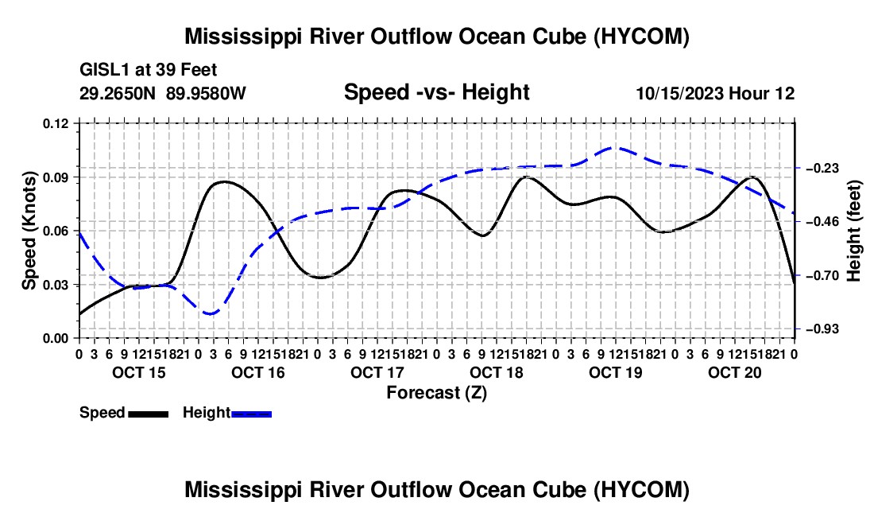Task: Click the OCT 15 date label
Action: [x=139, y=372]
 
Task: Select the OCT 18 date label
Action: [x=497, y=372]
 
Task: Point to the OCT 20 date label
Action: [x=735, y=372]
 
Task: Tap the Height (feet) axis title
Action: [x=853, y=231]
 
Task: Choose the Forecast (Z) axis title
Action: [x=437, y=393]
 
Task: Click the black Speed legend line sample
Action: [x=149, y=414]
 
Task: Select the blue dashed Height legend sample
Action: [x=251, y=414]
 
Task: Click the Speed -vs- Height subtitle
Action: [x=436, y=92]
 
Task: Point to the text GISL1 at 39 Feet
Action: [x=149, y=70]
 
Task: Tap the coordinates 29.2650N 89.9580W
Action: [x=163, y=93]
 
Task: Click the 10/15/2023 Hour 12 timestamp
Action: [x=716, y=93]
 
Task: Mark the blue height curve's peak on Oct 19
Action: [x=615, y=148]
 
